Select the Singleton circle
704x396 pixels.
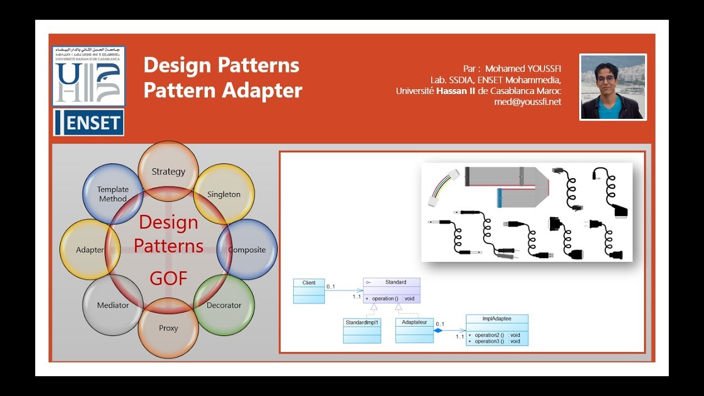tap(224, 194)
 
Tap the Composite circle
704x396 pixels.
tap(247, 249)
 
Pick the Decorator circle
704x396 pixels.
tap(224, 305)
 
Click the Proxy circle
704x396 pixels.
tap(168, 328)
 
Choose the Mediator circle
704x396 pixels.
tap(113, 305)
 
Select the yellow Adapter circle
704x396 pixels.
tap(90, 249)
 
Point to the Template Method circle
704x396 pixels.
tap(113, 194)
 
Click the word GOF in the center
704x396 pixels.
tap(169, 279)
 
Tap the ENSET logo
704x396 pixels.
tap(89, 123)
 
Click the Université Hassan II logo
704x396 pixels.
tap(89, 76)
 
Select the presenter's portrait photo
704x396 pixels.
tap(613, 86)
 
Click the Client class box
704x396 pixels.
tap(309, 291)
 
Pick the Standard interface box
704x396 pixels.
tap(392, 290)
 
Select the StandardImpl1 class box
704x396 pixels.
tap(362, 331)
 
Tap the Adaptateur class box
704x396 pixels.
tap(414, 330)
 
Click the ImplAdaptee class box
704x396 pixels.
tap(497, 330)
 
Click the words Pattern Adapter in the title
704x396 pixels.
tap(223, 91)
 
